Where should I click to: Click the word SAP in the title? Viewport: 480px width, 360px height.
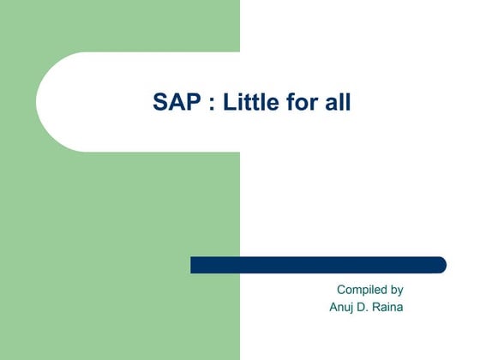click(172, 103)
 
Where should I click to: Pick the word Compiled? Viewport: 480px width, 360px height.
click(361, 290)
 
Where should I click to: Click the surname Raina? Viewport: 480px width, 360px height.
click(390, 307)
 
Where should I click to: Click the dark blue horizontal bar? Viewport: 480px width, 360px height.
click(317, 265)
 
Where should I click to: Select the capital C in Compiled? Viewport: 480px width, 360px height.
click(341, 290)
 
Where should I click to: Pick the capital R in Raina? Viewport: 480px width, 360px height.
click(378, 307)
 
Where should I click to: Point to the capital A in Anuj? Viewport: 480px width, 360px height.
click(333, 307)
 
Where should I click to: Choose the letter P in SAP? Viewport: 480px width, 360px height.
click(187, 103)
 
